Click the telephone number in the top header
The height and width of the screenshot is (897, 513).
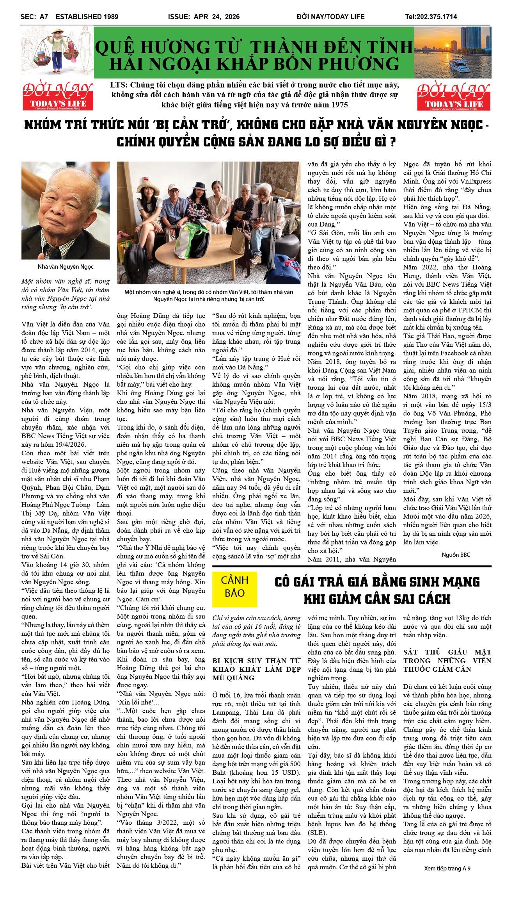click(x=431, y=17)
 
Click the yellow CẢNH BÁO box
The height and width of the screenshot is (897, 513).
click(x=234, y=587)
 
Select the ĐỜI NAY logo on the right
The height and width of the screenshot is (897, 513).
click(x=453, y=96)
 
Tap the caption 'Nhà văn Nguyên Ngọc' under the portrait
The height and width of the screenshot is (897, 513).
click(x=66, y=267)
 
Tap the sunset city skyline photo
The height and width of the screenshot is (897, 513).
click(x=453, y=52)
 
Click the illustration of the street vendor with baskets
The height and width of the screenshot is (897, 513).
click(x=57, y=51)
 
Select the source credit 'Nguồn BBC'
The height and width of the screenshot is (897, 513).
click(x=456, y=555)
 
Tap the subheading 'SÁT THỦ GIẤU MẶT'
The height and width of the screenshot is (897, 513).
click(x=447, y=652)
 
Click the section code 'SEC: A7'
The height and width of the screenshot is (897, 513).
click(x=34, y=17)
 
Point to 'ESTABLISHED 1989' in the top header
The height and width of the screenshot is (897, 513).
click(x=87, y=17)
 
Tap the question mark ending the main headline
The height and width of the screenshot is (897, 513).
click(x=393, y=142)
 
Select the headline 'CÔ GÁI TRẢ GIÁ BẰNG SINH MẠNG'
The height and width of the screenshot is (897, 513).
click(x=377, y=582)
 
